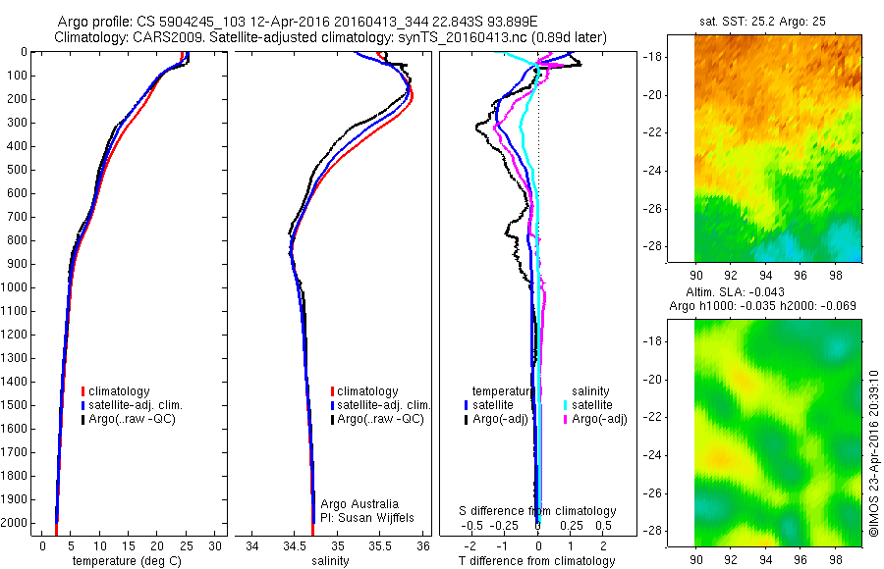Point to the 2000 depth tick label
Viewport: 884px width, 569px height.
(19, 523)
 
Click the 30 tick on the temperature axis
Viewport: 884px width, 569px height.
(215, 545)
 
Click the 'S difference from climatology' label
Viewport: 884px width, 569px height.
(538, 511)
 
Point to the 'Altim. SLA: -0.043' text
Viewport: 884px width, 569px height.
(762, 292)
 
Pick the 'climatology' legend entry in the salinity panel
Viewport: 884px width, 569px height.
(367, 391)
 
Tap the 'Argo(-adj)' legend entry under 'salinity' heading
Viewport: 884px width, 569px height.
(600, 419)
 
